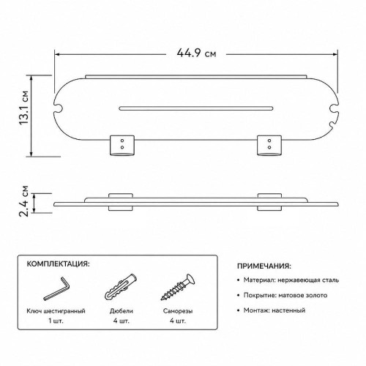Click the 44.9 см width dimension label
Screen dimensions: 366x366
click(x=196, y=53)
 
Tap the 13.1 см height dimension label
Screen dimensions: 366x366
click(x=24, y=108)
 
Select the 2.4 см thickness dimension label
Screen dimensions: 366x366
click(x=24, y=201)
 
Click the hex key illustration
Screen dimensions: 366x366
click(x=56, y=288)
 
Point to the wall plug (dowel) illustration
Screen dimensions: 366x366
click(x=121, y=287)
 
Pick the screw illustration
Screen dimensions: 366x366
click(x=178, y=287)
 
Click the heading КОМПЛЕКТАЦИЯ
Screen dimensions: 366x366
click(x=58, y=264)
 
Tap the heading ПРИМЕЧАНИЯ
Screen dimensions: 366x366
click(x=264, y=266)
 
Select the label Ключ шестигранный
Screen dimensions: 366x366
click(x=56, y=311)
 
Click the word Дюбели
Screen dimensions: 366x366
click(x=122, y=311)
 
